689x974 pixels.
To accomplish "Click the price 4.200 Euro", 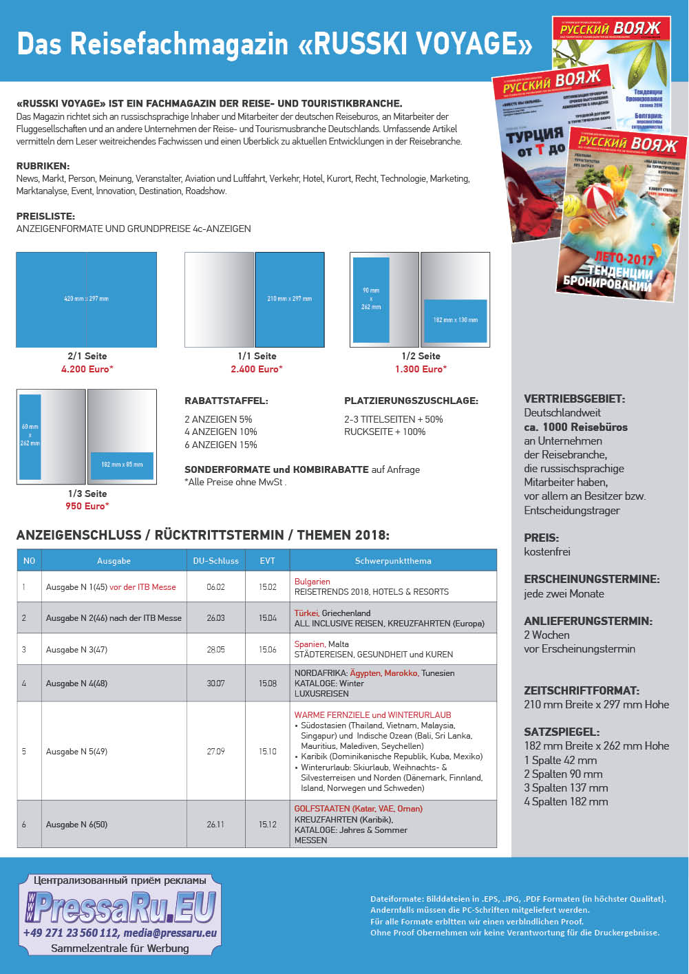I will point(87,369).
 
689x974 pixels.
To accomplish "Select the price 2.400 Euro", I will point(257,369).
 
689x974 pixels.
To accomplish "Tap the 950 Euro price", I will point(87,506).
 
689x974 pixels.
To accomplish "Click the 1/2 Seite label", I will point(421,356).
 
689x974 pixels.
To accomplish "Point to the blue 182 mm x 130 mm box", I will point(455,320).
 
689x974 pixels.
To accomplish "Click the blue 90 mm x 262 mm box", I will point(371,299).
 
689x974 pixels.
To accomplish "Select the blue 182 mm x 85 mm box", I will point(122,465).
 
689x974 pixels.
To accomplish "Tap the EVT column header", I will point(267,560).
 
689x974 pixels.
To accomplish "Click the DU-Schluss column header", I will point(215,560).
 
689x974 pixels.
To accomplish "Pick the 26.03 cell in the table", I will point(215,618).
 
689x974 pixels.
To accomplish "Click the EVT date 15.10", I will point(267,752).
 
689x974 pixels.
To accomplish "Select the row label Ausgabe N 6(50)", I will point(76,824).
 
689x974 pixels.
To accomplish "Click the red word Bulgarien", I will point(312,582).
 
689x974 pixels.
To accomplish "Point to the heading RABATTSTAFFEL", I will point(226,401).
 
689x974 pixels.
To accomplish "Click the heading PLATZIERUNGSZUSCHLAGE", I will point(411,401).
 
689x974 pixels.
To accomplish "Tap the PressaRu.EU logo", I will point(120,908).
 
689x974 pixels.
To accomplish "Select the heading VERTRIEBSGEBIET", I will point(574,399).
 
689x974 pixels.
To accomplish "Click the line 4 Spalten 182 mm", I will point(566,801).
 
